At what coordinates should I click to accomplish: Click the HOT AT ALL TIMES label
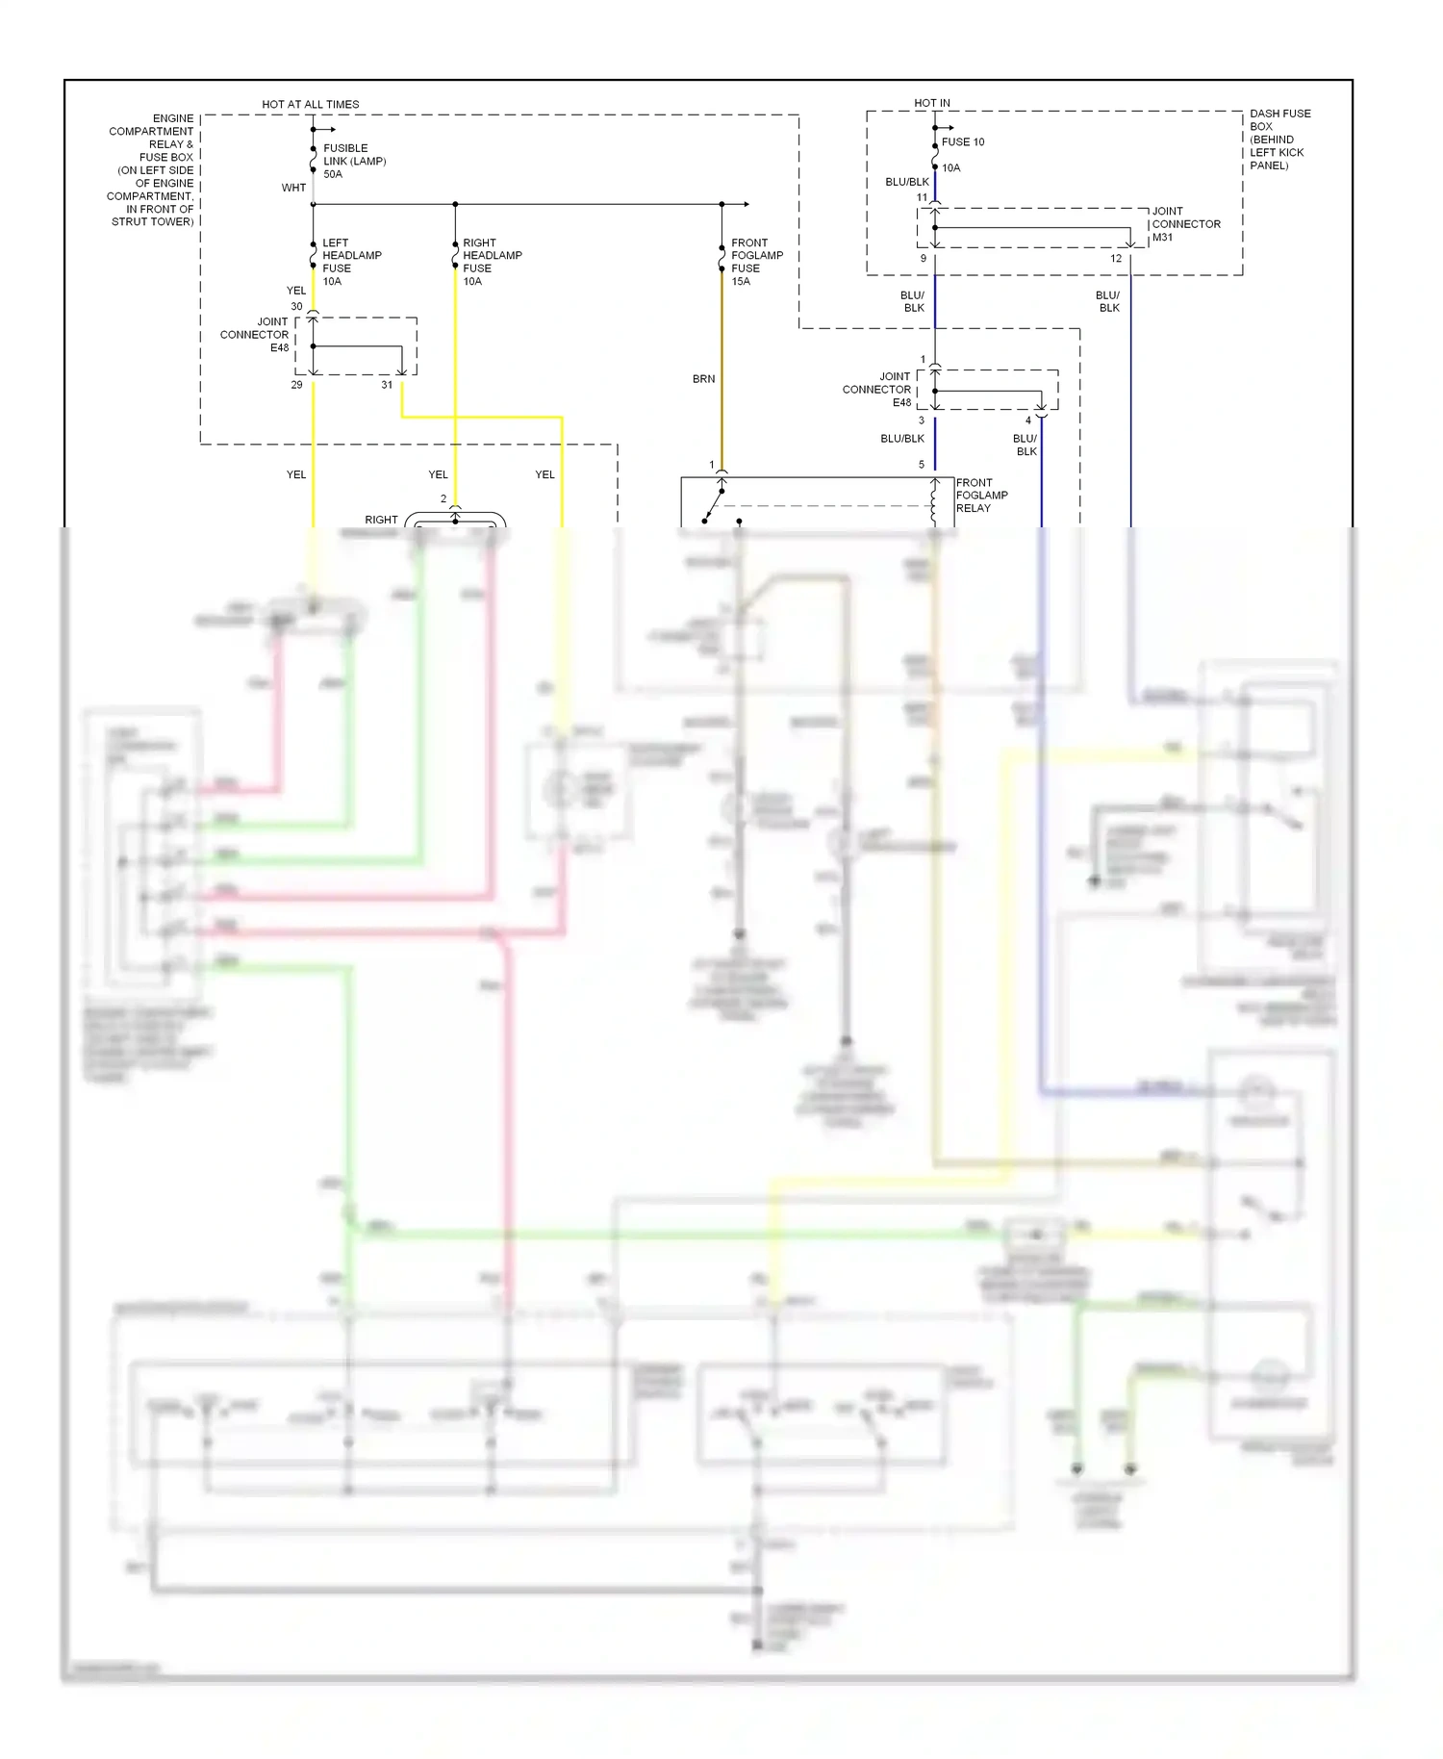(310, 104)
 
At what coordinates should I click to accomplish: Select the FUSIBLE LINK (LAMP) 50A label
(354, 161)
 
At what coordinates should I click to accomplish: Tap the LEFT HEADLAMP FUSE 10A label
(351, 262)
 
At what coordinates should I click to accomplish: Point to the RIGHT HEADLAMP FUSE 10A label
(492, 262)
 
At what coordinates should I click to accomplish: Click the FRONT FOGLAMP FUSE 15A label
(756, 262)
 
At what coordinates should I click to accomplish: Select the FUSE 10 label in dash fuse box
(962, 141)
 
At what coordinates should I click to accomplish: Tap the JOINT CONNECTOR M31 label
(1185, 224)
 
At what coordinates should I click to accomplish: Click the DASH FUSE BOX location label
(1278, 140)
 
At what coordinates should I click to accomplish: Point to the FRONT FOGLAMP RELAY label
(981, 496)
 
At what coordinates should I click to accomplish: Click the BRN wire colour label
(703, 379)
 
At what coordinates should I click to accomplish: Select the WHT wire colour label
(293, 188)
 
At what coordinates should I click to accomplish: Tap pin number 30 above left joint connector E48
(296, 306)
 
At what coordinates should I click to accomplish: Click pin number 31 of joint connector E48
(387, 385)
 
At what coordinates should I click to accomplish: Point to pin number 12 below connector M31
(1116, 259)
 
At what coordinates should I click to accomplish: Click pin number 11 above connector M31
(922, 197)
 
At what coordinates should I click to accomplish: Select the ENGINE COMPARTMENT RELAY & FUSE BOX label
(152, 170)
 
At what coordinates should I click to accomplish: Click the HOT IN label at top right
(931, 103)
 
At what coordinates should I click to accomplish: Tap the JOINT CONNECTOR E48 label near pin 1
(876, 390)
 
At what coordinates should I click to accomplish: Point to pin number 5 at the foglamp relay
(921, 465)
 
